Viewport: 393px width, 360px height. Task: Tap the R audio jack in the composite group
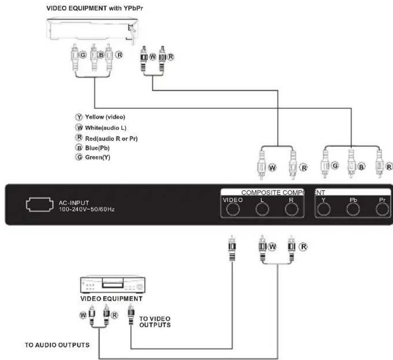pos(291,210)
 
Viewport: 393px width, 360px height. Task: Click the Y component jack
pos(323,210)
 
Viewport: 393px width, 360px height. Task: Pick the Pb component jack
pos(352,210)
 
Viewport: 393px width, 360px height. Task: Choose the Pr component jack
pos(382,210)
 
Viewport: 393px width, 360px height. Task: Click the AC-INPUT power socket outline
pos(41,204)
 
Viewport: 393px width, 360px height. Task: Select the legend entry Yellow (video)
pos(99,117)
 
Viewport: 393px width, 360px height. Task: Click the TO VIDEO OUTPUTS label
pos(154,322)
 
